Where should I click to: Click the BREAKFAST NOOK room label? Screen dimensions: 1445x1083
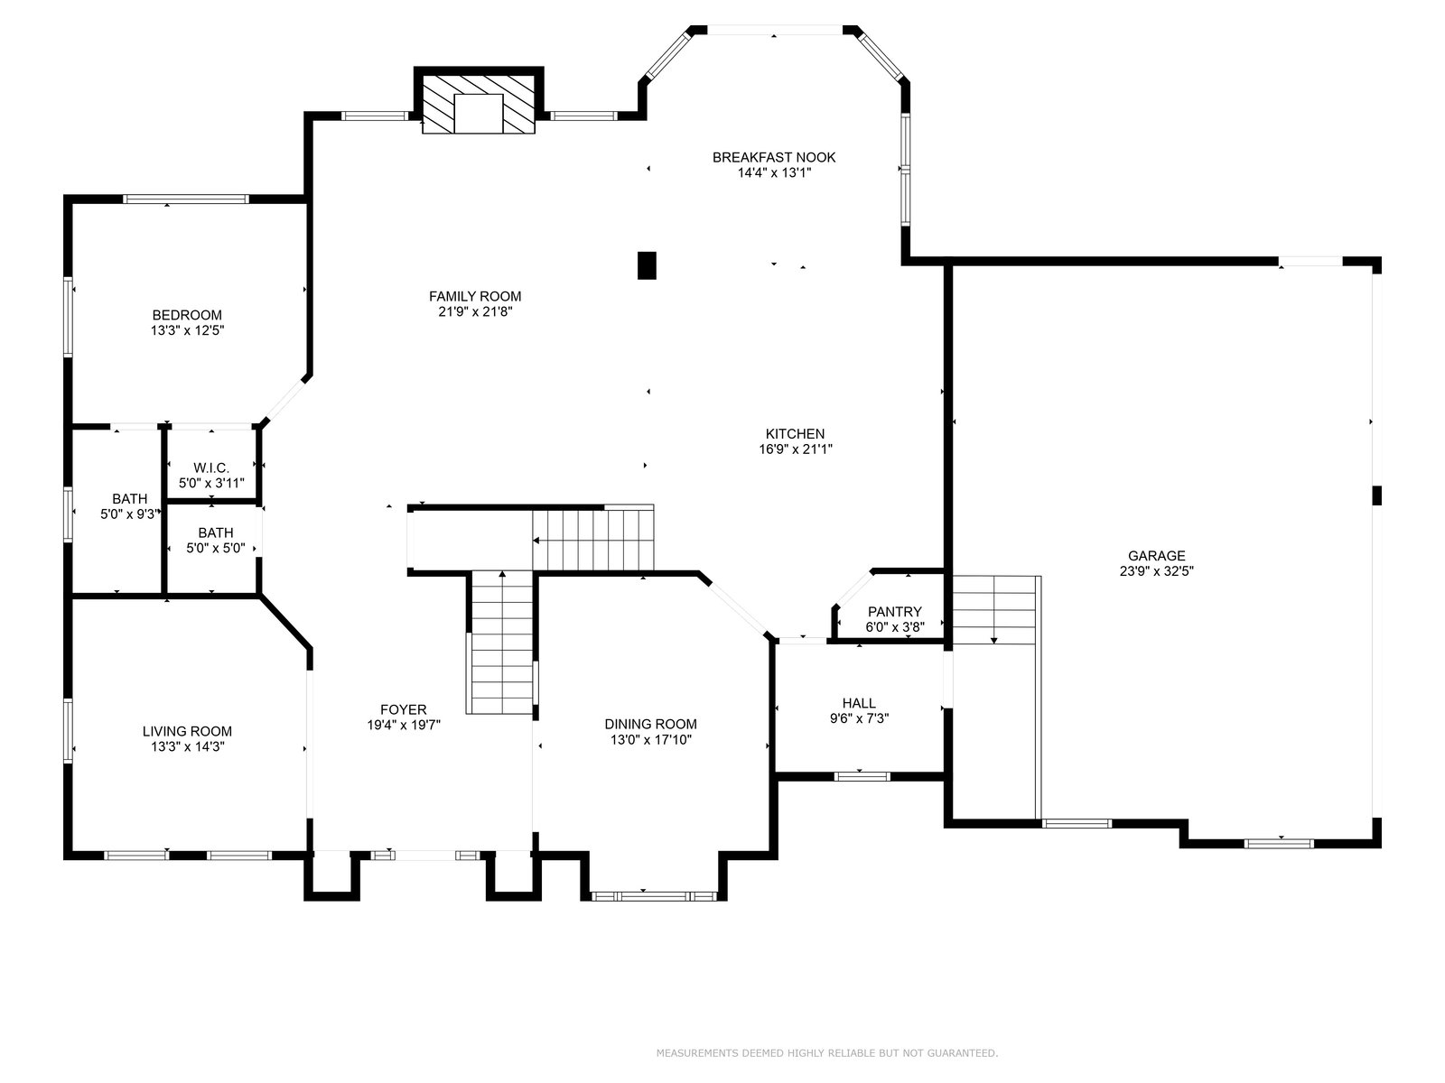(773, 157)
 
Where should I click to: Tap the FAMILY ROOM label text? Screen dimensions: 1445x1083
(475, 297)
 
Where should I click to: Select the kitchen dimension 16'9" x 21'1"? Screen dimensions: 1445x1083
(796, 449)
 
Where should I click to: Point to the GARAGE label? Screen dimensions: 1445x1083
(1156, 556)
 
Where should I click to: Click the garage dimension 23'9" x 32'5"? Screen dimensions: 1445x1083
(1156, 571)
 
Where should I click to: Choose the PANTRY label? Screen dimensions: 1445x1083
(895, 612)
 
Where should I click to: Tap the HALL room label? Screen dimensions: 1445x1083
(859, 704)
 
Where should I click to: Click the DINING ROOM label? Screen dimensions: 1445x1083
(650, 724)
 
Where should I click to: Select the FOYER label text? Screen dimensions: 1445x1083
(404, 709)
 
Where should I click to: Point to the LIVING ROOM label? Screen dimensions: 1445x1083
(187, 731)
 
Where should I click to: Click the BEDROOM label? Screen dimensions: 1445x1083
(187, 315)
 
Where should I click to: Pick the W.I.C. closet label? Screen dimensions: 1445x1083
(211, 467)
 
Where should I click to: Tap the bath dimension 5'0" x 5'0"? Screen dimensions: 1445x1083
(215, 548)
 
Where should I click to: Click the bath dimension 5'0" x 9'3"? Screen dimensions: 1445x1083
(130, 514)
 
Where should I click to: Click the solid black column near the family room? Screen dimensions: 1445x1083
(647, 265)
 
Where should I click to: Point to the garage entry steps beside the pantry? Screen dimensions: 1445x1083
(994, 610)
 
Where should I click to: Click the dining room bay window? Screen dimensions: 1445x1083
(654, 895)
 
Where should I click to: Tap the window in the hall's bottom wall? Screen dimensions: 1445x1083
(862, 776)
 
